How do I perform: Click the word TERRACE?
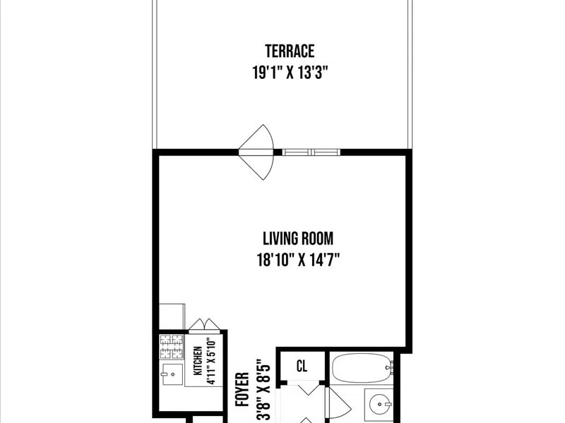tap(290, 51)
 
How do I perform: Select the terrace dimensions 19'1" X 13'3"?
tap(290, 71)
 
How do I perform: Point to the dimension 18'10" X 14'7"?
tap(299, 259)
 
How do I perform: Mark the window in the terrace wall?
tap(311, 151)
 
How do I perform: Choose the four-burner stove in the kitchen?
tap(171, 347)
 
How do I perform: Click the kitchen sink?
tap(170, 374)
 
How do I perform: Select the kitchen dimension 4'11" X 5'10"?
tap(210, 362)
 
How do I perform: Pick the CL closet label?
tap(302, 366)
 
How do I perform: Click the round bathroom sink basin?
tap(380, 405)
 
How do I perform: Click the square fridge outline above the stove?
tap(172, 317)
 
